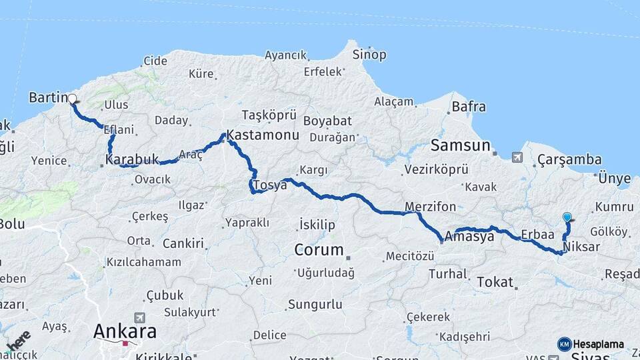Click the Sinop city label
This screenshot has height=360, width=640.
pos(369,55)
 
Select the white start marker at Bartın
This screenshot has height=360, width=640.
pos(72,99)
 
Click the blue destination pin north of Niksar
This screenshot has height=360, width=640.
pos(567,217)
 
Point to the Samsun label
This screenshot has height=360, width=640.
pos(460,145)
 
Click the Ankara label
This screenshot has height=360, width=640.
pos(125,331)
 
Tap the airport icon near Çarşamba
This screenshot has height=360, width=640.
pos(517,157)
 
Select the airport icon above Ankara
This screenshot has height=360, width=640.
pos(139,317)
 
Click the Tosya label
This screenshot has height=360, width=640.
pos(269,185)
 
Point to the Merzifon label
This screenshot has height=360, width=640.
pos(430,206)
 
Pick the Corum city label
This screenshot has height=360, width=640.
pos(319,251)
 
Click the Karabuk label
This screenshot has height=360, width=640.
pos(132,160)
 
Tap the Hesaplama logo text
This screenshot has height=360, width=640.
pos(599,344)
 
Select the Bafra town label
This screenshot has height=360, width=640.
pos(469,107)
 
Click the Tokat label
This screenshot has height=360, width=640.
pos(494,282)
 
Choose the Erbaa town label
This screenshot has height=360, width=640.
pos(538,235)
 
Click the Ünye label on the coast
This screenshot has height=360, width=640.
pos(614,178)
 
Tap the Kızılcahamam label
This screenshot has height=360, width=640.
pos(144,262)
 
